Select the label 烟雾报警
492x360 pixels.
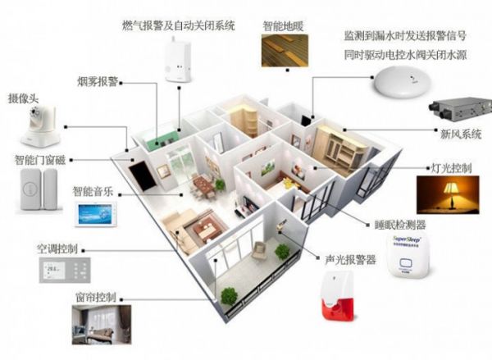click(99, 82)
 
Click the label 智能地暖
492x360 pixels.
click(281, 25)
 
